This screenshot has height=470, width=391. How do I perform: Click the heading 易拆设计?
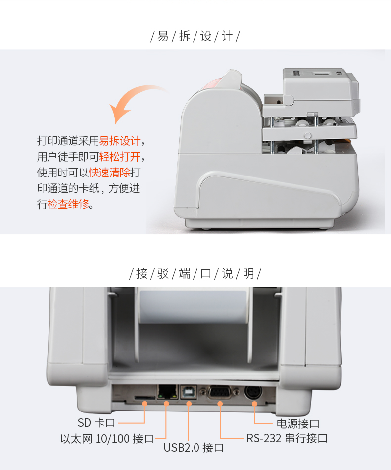tap(195, 36)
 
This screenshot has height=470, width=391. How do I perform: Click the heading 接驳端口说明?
tap(195, 273)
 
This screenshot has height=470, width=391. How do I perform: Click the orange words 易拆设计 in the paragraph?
tap(120, 141)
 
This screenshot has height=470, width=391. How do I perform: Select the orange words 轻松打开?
tap(120, 157)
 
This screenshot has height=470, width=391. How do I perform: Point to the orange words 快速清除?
tap(109, 173)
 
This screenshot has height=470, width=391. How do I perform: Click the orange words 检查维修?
tap(68, 204)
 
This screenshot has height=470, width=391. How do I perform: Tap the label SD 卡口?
tap(97, 423)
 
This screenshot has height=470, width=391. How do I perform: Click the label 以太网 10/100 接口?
tap(107, 439)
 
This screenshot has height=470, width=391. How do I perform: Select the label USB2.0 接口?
tap(194, 448)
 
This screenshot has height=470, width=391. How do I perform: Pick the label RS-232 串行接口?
tap(287, 439)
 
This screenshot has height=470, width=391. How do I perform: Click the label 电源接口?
tap(298, 424)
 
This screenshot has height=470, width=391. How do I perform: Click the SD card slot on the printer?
tap(145, 397)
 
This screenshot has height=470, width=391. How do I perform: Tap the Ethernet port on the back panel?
tap(167, 392)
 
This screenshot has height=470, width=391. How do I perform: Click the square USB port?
tap(189, 392)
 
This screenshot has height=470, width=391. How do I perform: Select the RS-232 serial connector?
tap(220, 392)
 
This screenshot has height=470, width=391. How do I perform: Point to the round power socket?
tap(253, 392)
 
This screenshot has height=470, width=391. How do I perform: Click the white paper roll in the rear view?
tap(193, 306)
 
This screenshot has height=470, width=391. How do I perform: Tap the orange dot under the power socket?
tap(254, 404)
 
